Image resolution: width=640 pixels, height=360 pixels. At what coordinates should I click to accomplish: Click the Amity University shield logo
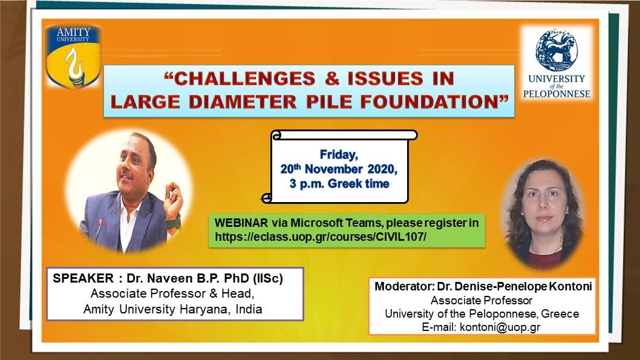pos(73,56)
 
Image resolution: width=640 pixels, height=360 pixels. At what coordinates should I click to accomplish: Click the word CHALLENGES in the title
pos(245,79)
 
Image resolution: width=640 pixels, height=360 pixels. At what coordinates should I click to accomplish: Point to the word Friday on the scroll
pos(339,155)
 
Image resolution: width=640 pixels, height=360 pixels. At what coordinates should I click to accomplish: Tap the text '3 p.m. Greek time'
pos(339,184)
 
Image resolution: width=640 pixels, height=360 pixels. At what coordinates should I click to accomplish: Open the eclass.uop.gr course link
pos(321,237)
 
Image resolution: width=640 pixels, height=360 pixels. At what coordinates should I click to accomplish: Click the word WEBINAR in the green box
pos(241,223)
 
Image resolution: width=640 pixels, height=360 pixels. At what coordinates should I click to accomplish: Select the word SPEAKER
pos(83,278)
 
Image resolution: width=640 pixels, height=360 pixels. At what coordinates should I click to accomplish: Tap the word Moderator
pos(403,287)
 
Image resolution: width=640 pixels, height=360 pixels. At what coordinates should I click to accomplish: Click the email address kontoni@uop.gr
pos(500,327)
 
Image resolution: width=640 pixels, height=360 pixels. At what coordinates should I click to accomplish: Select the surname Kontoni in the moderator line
pos(570,287)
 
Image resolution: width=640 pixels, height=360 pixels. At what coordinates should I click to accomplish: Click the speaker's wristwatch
pos(173,223)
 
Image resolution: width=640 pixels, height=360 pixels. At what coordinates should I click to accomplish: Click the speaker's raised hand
pos(173,199)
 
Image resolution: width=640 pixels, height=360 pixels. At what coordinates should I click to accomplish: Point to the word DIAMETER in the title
pos(243,102)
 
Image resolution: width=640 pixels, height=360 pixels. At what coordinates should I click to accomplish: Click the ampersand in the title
pos(332,79)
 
